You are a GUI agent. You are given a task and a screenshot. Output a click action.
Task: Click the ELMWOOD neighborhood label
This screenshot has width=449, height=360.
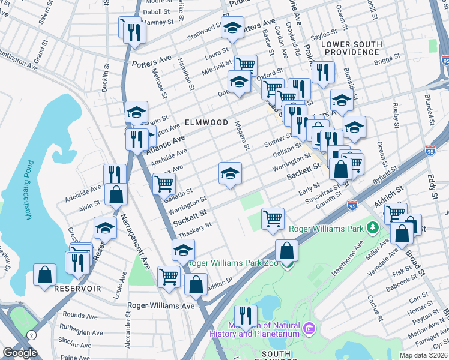206,122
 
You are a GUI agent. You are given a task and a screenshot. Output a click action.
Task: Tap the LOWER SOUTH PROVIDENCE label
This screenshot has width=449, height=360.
351,49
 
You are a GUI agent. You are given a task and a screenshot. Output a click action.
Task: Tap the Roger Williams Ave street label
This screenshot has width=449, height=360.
161,305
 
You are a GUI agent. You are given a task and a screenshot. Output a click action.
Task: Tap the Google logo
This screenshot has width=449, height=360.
20,353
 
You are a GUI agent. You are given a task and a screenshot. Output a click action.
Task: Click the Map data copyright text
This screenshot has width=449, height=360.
424,355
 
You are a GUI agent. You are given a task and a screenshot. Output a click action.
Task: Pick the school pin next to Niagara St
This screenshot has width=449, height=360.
230,174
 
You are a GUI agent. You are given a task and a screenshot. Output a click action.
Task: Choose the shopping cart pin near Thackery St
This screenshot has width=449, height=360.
273,218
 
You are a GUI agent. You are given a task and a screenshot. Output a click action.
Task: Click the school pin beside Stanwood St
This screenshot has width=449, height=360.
232,28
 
